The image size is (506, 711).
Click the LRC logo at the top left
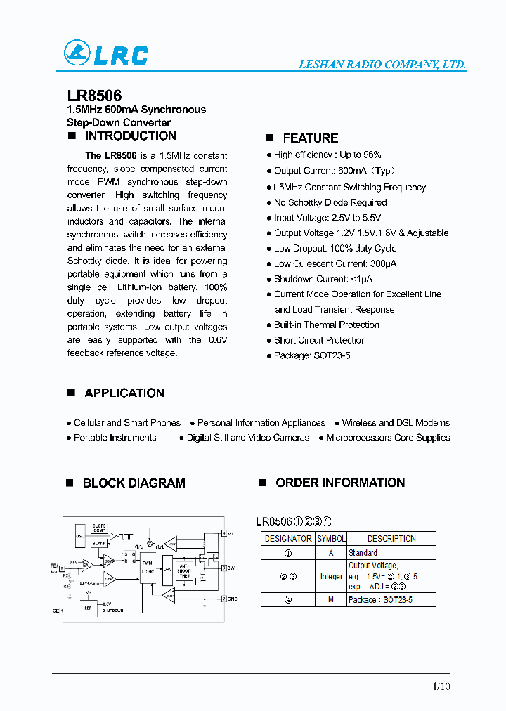click(106, 53)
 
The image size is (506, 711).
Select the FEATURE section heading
click(310, 138)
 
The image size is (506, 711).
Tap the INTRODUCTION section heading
click(130, 136)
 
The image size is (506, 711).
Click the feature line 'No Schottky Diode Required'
click(330, 202)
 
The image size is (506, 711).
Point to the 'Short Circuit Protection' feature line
click(320, 340)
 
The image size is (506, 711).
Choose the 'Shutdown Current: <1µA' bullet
click(311, 279)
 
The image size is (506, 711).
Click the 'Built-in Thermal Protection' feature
click(326, 325)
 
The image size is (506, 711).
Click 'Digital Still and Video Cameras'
click(247, 438)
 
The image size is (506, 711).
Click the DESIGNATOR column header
click(287, 539)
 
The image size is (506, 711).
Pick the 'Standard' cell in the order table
click(363, 553)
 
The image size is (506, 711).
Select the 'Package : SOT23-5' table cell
click(380, 600)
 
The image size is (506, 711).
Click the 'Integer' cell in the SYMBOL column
click(331, 576)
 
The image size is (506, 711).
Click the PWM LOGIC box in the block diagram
click(147, 567)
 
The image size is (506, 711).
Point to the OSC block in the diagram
click(79, 535)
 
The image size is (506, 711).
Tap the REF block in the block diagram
click(88, 608)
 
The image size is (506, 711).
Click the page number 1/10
click(441, 686)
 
